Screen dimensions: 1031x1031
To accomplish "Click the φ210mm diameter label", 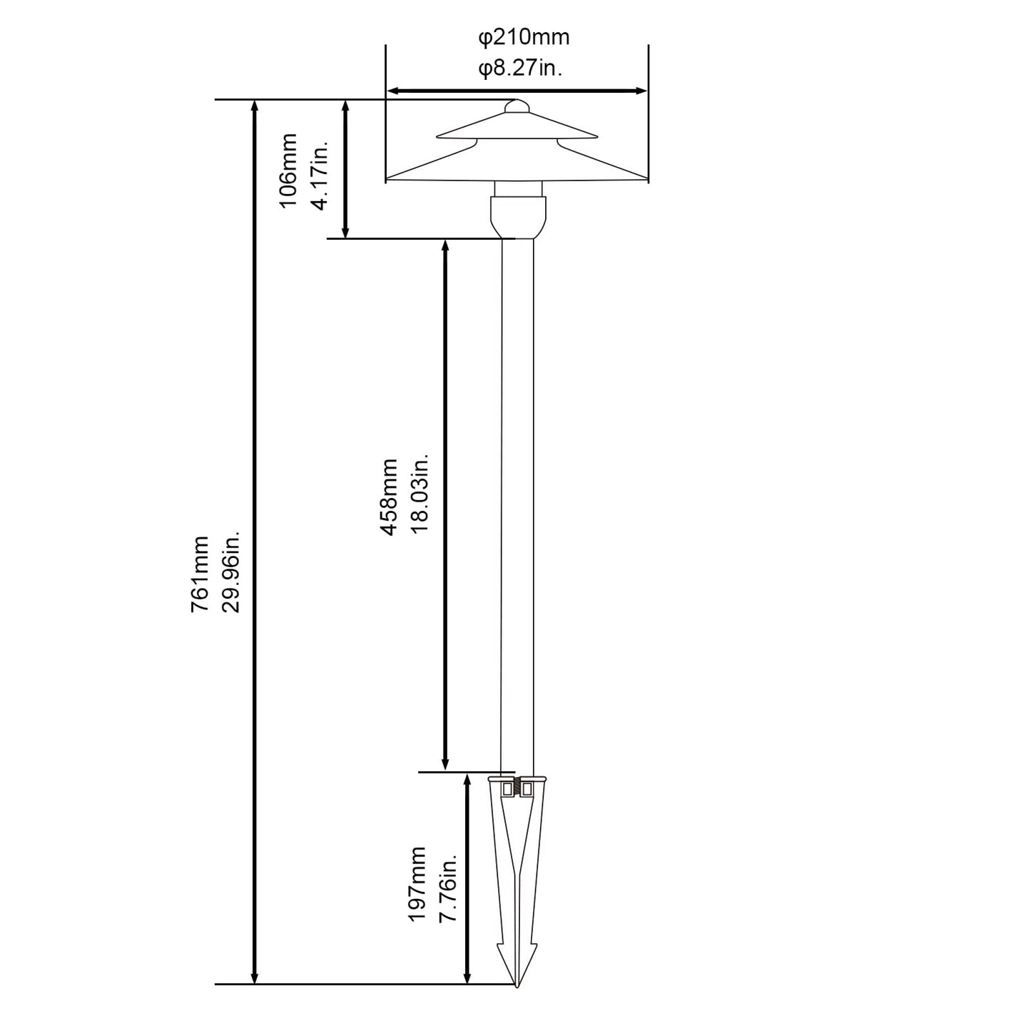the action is tap(523, 38).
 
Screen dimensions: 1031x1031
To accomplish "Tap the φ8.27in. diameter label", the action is tap(520, 68).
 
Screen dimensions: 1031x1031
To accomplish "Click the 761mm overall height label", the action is tap(200, 574).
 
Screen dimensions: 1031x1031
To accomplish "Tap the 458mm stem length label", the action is tap(389, 497).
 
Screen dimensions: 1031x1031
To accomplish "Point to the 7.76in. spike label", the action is tap(448, 887).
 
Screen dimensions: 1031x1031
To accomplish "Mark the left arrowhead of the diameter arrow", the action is tap(393, 91).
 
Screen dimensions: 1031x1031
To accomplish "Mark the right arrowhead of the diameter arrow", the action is tap(641, 91).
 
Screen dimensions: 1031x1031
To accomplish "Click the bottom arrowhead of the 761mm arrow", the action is tap(255, 992).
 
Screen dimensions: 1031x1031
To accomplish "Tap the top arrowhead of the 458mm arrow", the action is tap(445, 247).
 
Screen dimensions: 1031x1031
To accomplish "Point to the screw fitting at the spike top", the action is tap(517, 788).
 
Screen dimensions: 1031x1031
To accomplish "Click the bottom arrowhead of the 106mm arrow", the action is tap(345, 231).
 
